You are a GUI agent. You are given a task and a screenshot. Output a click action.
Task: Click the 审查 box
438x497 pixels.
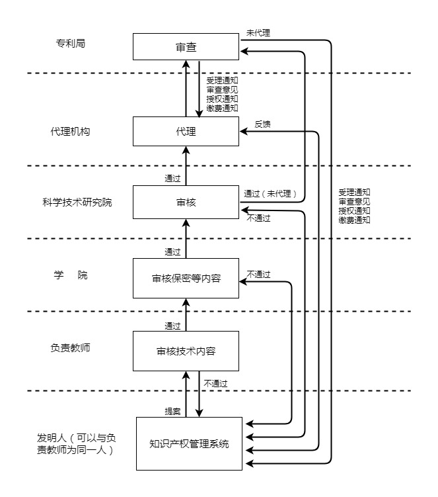point(185,47)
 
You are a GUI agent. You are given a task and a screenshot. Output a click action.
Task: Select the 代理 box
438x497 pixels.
point(185,131)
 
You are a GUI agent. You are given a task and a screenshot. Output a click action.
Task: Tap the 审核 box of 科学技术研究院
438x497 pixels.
point(185,202)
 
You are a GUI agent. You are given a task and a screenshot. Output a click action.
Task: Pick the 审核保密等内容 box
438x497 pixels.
point(185,279)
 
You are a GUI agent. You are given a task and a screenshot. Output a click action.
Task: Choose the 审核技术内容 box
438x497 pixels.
point(185,351)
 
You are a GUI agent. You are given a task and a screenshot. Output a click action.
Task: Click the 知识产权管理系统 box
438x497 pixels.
point(189,443)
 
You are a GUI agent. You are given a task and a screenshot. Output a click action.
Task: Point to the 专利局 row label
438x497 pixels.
point(71,44)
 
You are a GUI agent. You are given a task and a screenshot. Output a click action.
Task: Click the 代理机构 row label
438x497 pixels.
point(70,131)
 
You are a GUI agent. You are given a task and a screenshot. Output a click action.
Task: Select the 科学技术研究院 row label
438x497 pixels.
point(77,202)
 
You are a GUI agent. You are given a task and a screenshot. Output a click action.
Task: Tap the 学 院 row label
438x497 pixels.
point(70,275)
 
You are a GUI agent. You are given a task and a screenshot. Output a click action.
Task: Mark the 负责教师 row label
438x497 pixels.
point(70,348)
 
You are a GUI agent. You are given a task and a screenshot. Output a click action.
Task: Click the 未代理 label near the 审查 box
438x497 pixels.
point(258,32)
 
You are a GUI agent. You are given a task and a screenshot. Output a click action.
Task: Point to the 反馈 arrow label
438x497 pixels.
point(262,124)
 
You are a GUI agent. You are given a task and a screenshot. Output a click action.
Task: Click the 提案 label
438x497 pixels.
point(172,411)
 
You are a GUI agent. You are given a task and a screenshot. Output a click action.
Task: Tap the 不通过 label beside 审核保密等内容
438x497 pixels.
point(259,274)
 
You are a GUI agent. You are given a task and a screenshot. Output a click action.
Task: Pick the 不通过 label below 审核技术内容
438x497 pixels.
point(215,383)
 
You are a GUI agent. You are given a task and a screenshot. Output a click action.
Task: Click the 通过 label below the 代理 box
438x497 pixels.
point(172,178)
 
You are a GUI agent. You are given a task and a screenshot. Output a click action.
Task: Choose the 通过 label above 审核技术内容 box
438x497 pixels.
point(172,326)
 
